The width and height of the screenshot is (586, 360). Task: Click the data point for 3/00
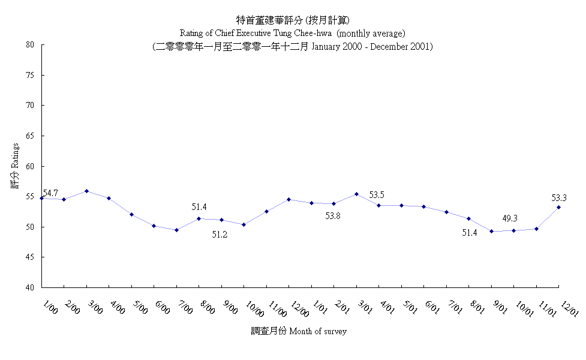86,191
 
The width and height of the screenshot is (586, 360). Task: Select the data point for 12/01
559,207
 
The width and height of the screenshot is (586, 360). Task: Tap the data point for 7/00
176,230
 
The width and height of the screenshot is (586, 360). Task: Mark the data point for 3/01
356,194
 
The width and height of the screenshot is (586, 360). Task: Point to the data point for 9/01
491,231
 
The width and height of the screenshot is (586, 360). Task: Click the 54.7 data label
50,193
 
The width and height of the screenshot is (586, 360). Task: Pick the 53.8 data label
333,216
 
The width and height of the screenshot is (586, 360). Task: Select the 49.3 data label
510,218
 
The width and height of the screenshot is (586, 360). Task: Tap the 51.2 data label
220,235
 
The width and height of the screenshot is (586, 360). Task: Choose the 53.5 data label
377,195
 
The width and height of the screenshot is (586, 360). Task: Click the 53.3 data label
559,197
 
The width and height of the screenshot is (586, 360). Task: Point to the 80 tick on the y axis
29,44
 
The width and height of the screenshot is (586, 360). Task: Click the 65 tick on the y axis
29,136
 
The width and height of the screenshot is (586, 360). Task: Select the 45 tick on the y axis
29,257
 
